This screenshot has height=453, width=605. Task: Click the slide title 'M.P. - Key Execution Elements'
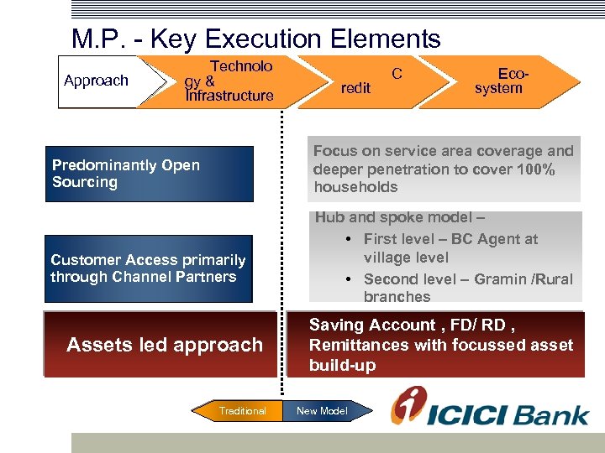coord(255,39)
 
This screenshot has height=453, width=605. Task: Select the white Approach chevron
coord(99,81)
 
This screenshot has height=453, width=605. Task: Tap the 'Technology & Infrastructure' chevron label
coord(229,81)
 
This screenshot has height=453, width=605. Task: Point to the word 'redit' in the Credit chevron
coord(355,88)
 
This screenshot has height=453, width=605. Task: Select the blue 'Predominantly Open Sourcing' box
coord(149,174)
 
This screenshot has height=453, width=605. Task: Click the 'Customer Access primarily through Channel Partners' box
coord(149,268)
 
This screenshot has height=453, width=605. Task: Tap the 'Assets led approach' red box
coord(164,345)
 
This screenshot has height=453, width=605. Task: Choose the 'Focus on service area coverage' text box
coord(444,169)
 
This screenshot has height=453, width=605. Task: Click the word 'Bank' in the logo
coord(550,414)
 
